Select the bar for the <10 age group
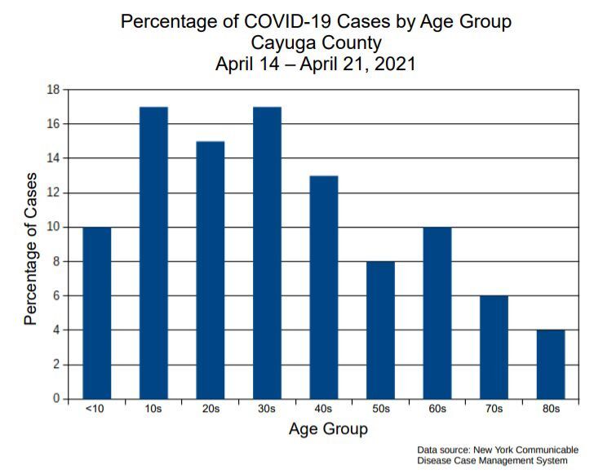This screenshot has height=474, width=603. (97, 313)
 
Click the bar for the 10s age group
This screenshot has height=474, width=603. (153, 253)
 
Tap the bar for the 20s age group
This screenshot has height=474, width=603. (211, 270)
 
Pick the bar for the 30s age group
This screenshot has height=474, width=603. (267, 253)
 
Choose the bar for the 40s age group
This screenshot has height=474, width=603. (324, 287)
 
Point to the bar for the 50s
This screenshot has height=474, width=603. (380, 330)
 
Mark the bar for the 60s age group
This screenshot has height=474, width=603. (437, 313)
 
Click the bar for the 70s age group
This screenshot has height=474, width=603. (494, 348)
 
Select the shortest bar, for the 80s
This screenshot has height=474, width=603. (550, 365)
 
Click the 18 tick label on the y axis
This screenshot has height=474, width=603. (54, 90)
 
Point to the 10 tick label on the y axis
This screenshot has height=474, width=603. (54, 228)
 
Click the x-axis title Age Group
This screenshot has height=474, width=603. (328, 429)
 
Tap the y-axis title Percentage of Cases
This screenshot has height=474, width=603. (31, 248)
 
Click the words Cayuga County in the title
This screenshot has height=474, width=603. (316, 42)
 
